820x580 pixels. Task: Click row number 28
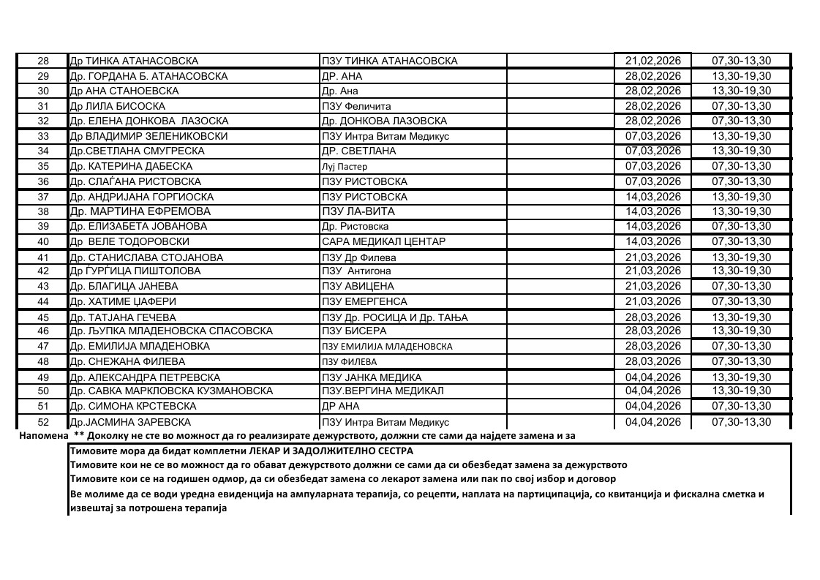(x=42, y=61)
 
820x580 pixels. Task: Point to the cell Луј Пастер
(x=345, y=166)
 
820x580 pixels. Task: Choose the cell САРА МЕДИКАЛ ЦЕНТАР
(x=383, y=241)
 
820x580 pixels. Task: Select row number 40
(x=42, y=241)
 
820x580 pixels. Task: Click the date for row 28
(x=652, y=61)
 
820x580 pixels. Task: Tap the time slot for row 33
(x=741, y=136)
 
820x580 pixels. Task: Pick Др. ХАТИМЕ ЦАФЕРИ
(x=122, y=301)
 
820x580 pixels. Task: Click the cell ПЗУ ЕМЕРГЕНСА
(x=364, y=301)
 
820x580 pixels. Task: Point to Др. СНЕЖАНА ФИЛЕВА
(x=127, y=361)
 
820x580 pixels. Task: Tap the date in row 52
(x=652, y=422)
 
